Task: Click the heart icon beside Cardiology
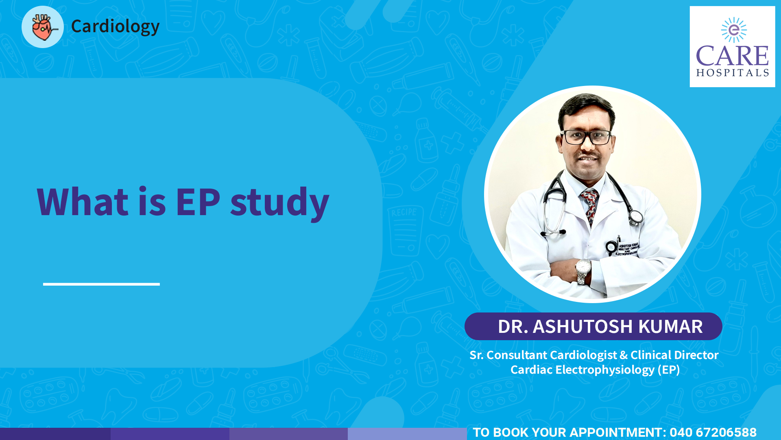click(43, 27)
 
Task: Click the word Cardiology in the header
click(116, 26)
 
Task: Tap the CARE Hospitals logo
click(732, 46)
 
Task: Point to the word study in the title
click(280, 203)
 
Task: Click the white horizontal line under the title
click(101, 284)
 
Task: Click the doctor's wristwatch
click(583, 271)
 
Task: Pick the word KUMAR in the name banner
click(671, 326)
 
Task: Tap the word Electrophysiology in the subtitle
click(605, 370)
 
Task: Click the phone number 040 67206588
click(713, 432)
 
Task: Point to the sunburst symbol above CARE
click(734, 30)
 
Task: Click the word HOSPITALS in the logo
click(733, 73)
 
